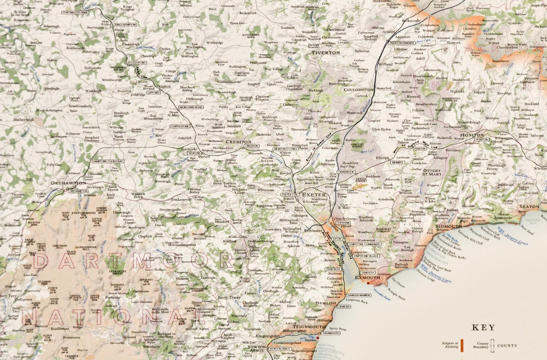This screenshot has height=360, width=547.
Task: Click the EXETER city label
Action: pos(314,195)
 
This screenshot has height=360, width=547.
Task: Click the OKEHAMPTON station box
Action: pos(79,191)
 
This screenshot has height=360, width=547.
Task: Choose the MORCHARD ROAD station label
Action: pos(191,107)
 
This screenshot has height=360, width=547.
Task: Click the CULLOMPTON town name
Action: pos(358,89)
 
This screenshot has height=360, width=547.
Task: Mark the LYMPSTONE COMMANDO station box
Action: pos(364,244)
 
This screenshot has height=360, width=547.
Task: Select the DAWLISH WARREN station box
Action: pos(359,295)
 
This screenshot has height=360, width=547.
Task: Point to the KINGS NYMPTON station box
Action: pos(125,25)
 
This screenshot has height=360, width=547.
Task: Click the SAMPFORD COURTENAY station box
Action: pos(108,161)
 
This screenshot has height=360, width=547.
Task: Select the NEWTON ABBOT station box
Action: pos(280,349)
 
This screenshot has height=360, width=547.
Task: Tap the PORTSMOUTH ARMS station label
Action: pos(75,12)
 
